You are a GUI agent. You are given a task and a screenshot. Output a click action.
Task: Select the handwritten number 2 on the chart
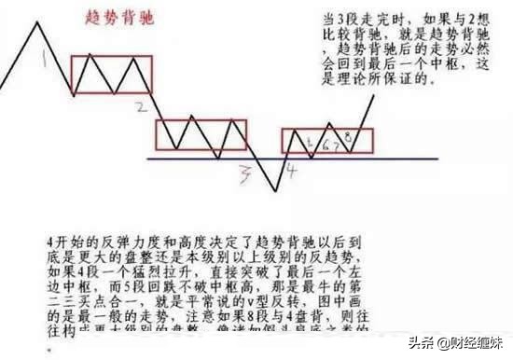[140, 107]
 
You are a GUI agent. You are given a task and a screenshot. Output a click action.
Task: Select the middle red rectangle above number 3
[201, 135]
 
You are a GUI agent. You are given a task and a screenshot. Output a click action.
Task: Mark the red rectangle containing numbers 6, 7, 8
[327, 140]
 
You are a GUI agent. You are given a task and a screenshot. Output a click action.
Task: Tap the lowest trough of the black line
[275, 192]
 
